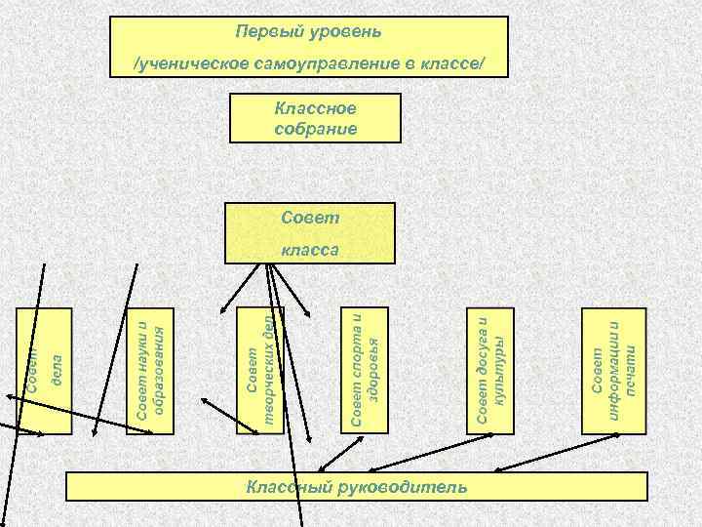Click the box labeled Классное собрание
coord(315,117)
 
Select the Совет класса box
coord(309,232)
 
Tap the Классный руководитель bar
coord(356,486)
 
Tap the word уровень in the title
coord(345,32)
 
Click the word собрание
coord(315,127)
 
